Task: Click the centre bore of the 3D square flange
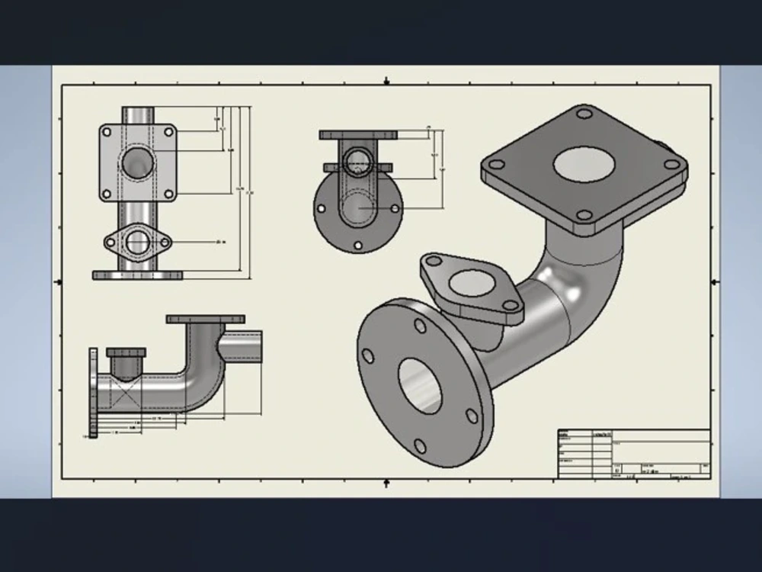[584, 163]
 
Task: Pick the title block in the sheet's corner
[634, 454]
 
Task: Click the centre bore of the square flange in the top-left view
[138, 162]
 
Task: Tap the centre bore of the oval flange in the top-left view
[137, 243]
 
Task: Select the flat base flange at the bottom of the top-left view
[137, 275]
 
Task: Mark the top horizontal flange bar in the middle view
[358, 135]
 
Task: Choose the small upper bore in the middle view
[357, 162]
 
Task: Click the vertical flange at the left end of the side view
[93, 393]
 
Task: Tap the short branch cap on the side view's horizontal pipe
[126, 352]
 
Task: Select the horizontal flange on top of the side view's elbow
[205, 319]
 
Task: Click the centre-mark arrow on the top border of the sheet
[386, 80]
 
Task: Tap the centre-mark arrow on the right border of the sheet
[714, 282]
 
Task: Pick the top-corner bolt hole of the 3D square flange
[584, 114]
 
